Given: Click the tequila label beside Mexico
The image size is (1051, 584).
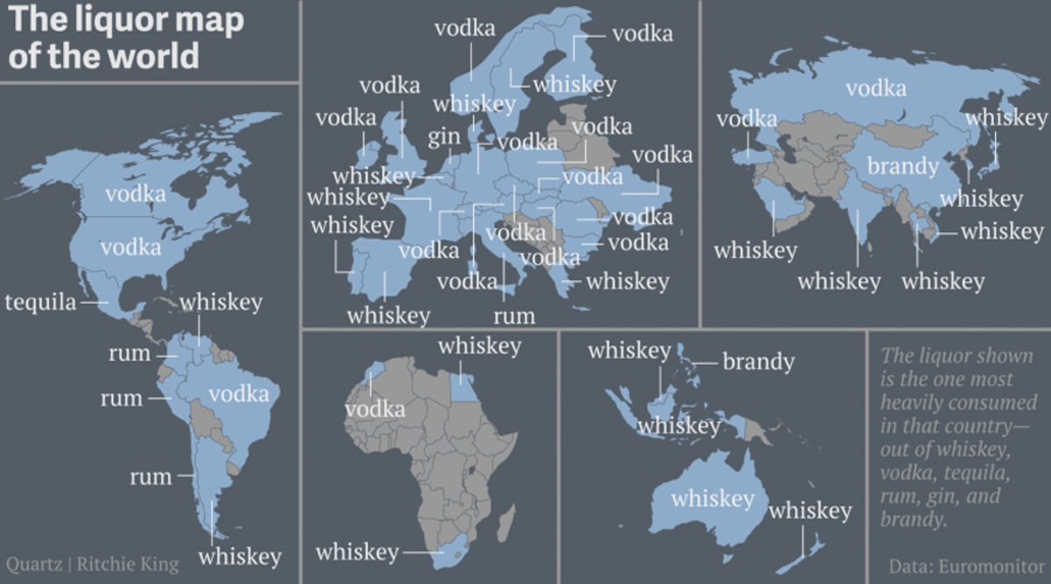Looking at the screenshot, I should click(40, 303).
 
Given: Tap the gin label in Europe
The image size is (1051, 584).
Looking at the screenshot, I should click(444, 137).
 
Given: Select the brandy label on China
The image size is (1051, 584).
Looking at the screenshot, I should click(903, 165).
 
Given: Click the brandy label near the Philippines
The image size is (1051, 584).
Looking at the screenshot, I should click(758, 361).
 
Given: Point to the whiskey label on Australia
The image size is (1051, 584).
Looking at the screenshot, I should click(712, 498).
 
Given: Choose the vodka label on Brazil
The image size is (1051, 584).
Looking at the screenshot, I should click(239, 394).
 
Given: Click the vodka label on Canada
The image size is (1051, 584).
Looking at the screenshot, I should click(135, 193).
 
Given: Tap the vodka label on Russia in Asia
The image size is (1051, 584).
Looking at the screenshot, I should click(876, 88).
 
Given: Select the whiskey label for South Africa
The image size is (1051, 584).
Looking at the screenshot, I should click(357, 552).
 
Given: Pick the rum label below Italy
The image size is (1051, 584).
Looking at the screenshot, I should click(513, 315).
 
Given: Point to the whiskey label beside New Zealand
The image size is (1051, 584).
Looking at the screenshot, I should click(810, 510).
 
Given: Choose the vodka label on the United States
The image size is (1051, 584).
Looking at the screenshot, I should click(130, 248).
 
